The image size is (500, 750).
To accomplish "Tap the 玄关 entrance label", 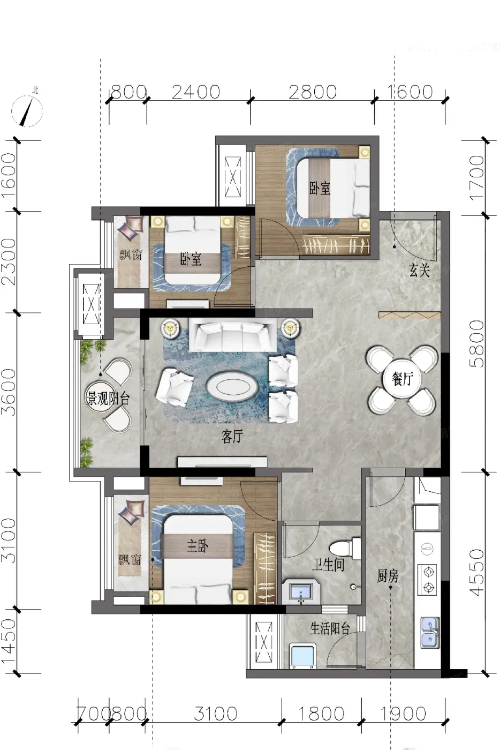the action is tap(419, 270).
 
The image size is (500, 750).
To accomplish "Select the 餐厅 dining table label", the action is tap(403, 379).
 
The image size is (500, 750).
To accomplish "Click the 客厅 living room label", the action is tap(232, 436).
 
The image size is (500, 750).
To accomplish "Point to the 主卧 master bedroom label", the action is tap(198, 546).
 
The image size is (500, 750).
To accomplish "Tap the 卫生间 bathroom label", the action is tap(328, 565).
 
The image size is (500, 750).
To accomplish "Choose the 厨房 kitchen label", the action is tap(388, 576).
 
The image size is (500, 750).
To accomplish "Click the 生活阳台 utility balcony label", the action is tap(330, 628).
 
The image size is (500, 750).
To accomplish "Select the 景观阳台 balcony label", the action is tap(108, 399).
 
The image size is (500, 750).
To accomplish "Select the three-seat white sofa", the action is tap(233, 334).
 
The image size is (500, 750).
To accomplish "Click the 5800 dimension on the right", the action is tap(477, 343).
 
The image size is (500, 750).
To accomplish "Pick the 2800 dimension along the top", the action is tap(313, 92).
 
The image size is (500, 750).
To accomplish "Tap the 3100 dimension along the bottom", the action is tap(216, 713).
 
